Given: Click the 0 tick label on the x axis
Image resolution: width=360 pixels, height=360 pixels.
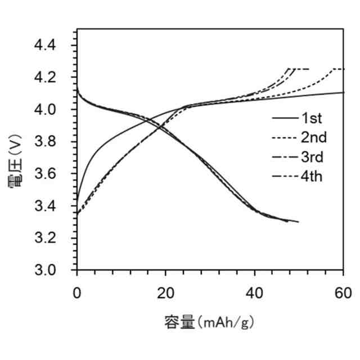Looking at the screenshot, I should click(77, 292).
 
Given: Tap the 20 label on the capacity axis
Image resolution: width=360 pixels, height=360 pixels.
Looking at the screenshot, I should click(165, 292).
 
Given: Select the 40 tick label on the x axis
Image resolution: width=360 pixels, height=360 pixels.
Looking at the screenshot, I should click(254, 292).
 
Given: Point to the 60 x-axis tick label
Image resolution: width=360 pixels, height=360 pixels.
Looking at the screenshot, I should click(343, 292).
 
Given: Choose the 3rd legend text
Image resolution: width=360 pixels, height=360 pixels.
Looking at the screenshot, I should click(313, 157).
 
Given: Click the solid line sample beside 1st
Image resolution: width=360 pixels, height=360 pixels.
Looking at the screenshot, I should click(284, 119).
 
